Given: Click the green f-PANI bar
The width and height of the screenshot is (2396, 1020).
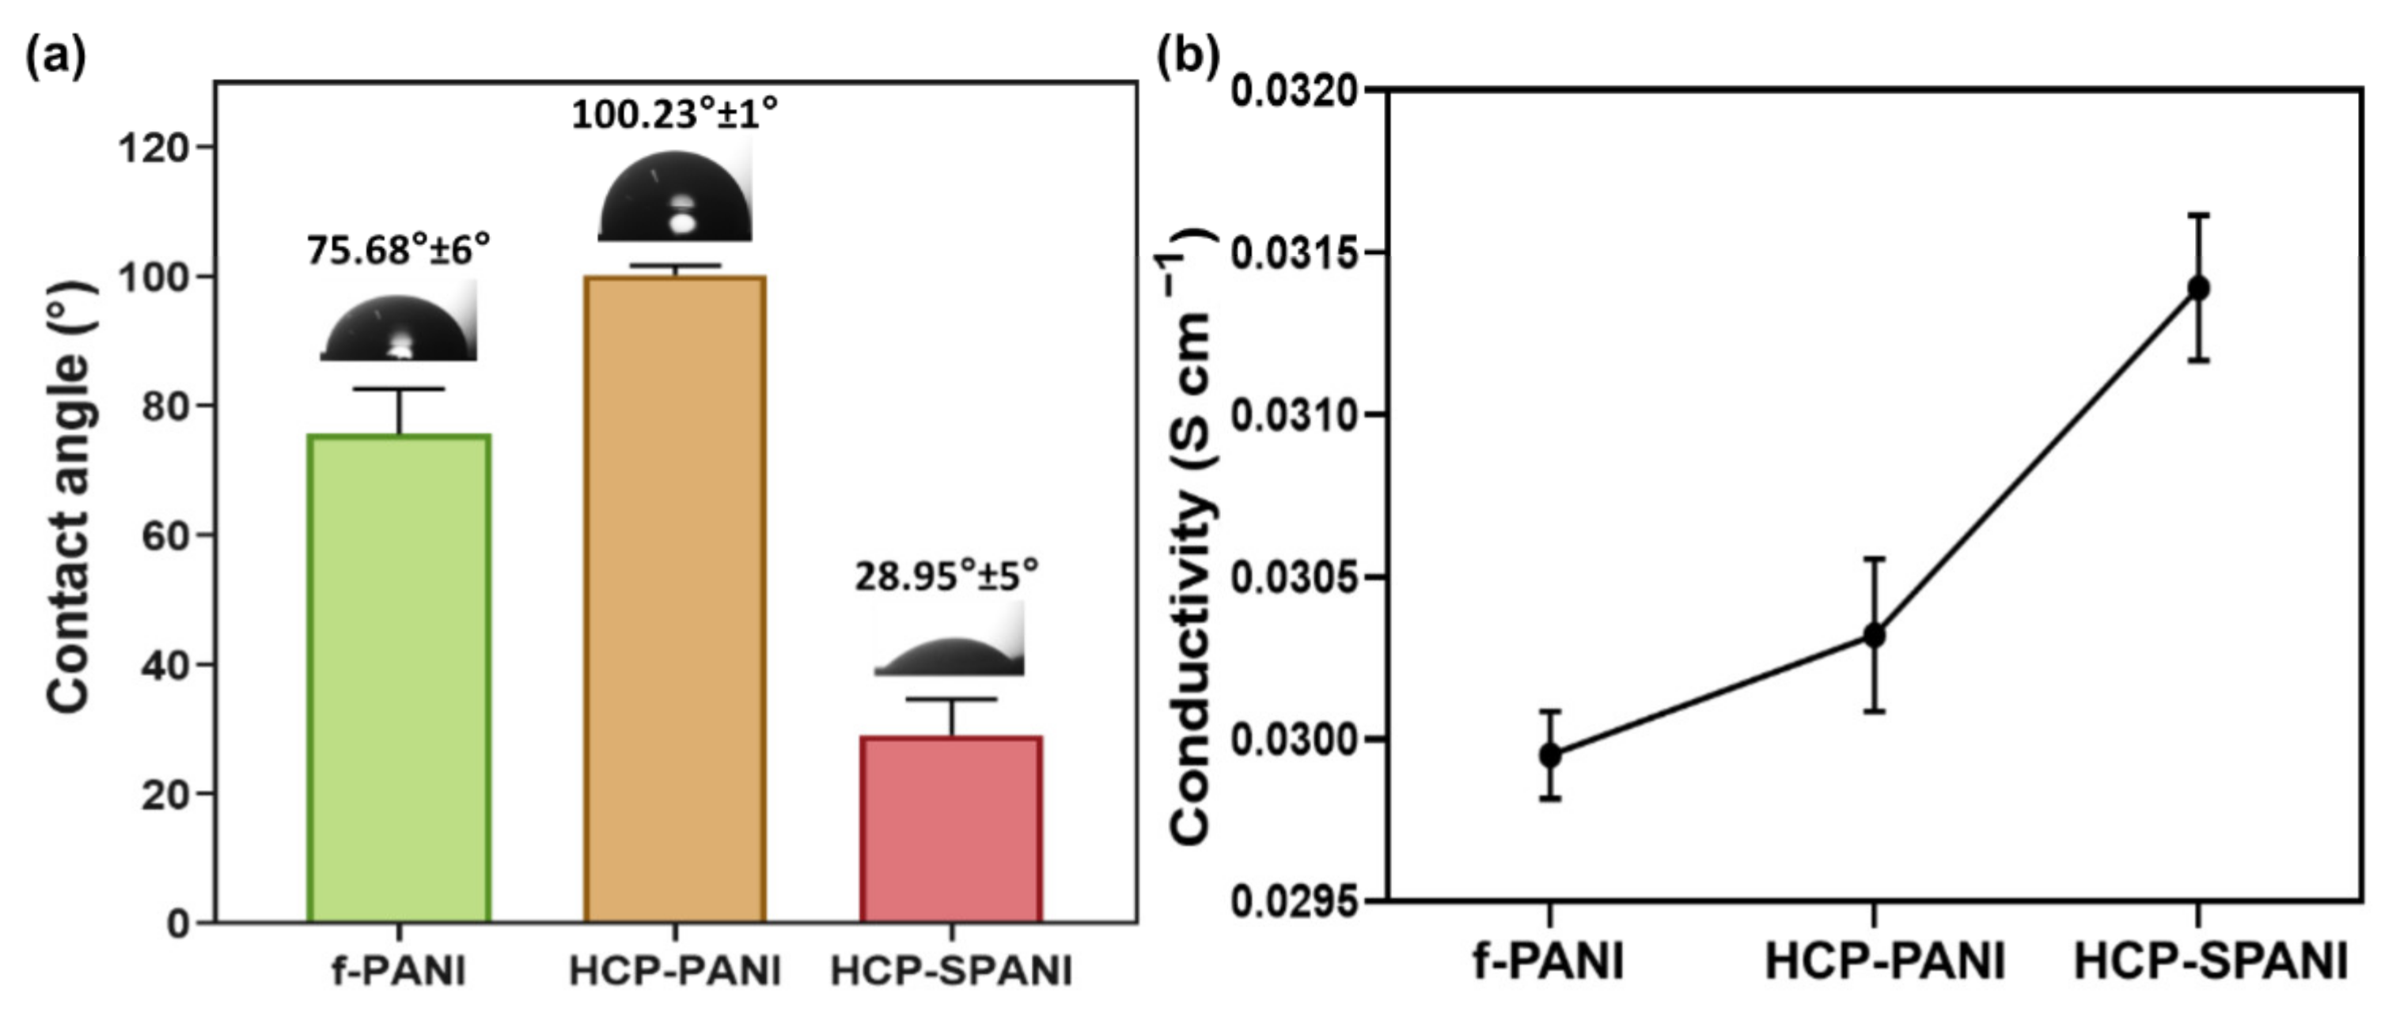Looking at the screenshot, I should tap(399, 678).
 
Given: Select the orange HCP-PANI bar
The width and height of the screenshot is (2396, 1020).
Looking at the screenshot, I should tap(674, 599).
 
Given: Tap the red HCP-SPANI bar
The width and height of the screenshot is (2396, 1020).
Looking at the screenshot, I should tap(950, 829).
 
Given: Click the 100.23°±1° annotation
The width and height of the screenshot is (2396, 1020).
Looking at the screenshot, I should tap(674, 115).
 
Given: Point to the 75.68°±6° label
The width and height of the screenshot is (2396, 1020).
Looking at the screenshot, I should tap(398, 249).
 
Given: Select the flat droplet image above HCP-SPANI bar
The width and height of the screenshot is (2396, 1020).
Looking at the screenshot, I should tap(950, 641).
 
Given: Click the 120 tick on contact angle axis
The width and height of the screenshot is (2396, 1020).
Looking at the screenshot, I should tap(154, 147).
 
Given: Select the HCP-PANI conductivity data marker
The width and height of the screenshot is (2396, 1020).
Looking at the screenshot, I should tap(1875, 636).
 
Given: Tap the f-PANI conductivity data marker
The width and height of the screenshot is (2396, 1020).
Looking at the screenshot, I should tap(1549, 755).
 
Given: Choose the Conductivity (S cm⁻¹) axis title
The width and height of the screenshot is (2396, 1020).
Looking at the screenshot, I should tap(1191, 539).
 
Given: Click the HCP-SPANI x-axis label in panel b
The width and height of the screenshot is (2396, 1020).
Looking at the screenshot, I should tap(2211, 961).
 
